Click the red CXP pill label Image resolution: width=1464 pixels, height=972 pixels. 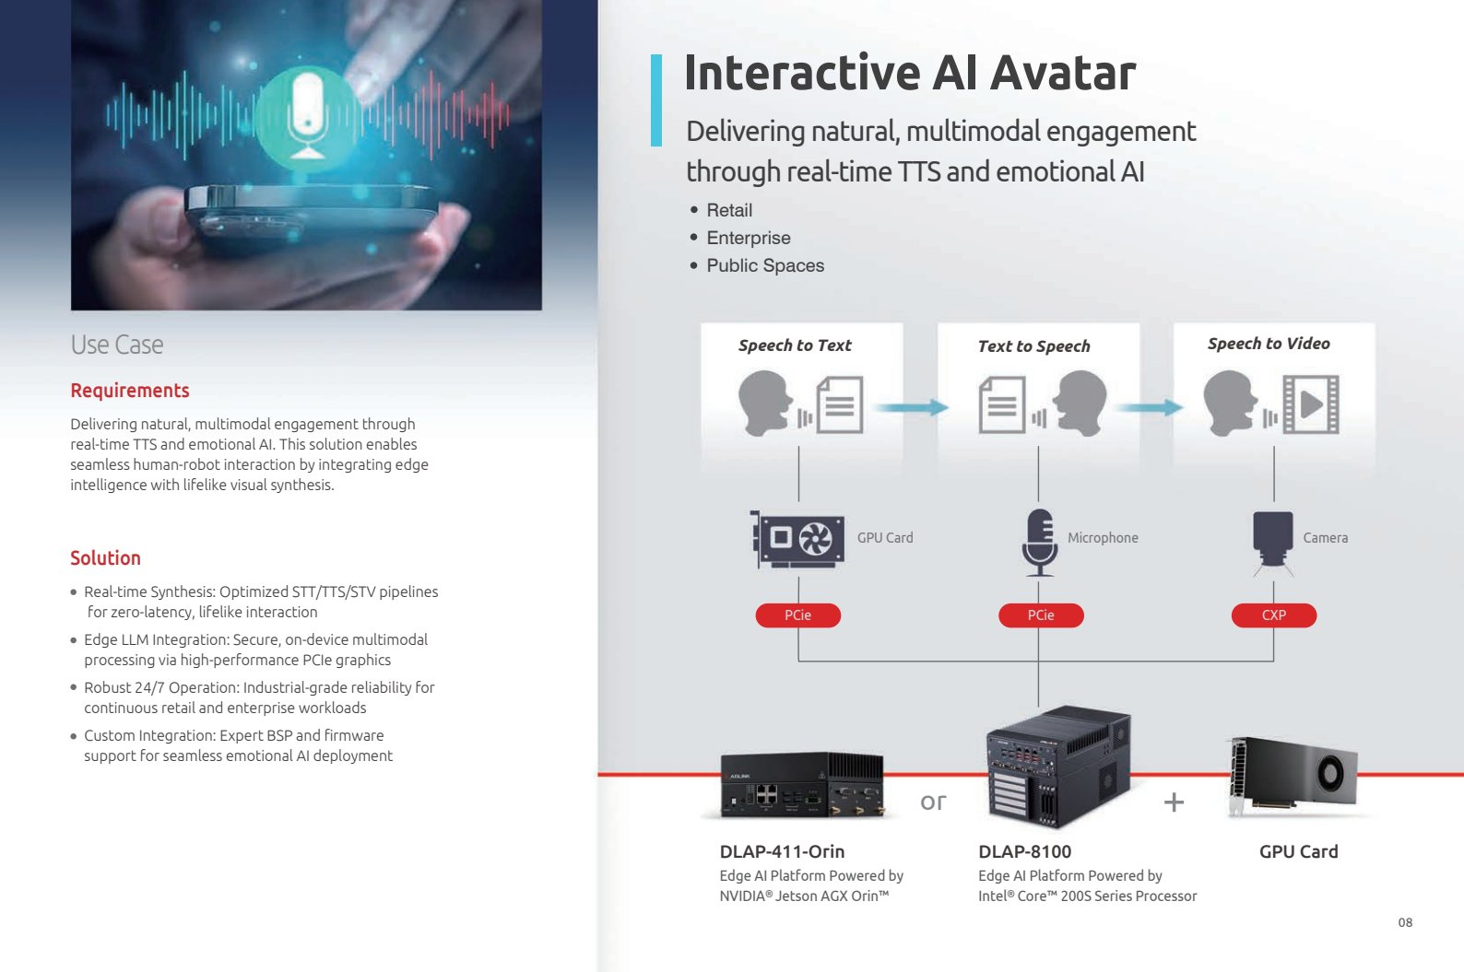1274,615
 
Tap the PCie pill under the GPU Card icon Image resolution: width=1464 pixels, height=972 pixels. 798,615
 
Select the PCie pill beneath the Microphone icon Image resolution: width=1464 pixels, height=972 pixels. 1041,615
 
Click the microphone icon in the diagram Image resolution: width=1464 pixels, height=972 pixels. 1039,543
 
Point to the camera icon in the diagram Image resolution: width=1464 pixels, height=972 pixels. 1272,543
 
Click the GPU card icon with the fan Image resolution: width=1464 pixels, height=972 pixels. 797,540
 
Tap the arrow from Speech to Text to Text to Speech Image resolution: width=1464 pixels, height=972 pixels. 912,407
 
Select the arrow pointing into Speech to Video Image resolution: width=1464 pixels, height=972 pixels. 1149,407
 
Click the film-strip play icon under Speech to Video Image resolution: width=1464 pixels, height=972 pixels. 1311,404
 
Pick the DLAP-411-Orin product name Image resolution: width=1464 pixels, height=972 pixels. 783,852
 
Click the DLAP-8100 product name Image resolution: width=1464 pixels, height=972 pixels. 1025,852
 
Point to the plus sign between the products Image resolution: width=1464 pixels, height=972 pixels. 1174,802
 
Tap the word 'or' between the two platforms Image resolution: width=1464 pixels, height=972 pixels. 933,802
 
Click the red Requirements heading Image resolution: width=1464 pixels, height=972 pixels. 130,391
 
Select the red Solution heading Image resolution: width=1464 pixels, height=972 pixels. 105,557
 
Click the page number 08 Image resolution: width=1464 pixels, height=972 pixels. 1405,922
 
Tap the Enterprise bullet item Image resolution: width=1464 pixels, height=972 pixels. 749,238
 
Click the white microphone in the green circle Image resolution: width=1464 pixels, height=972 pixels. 306,114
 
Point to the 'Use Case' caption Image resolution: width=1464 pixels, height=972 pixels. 117,345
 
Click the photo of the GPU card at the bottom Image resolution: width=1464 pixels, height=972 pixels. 1293,776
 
